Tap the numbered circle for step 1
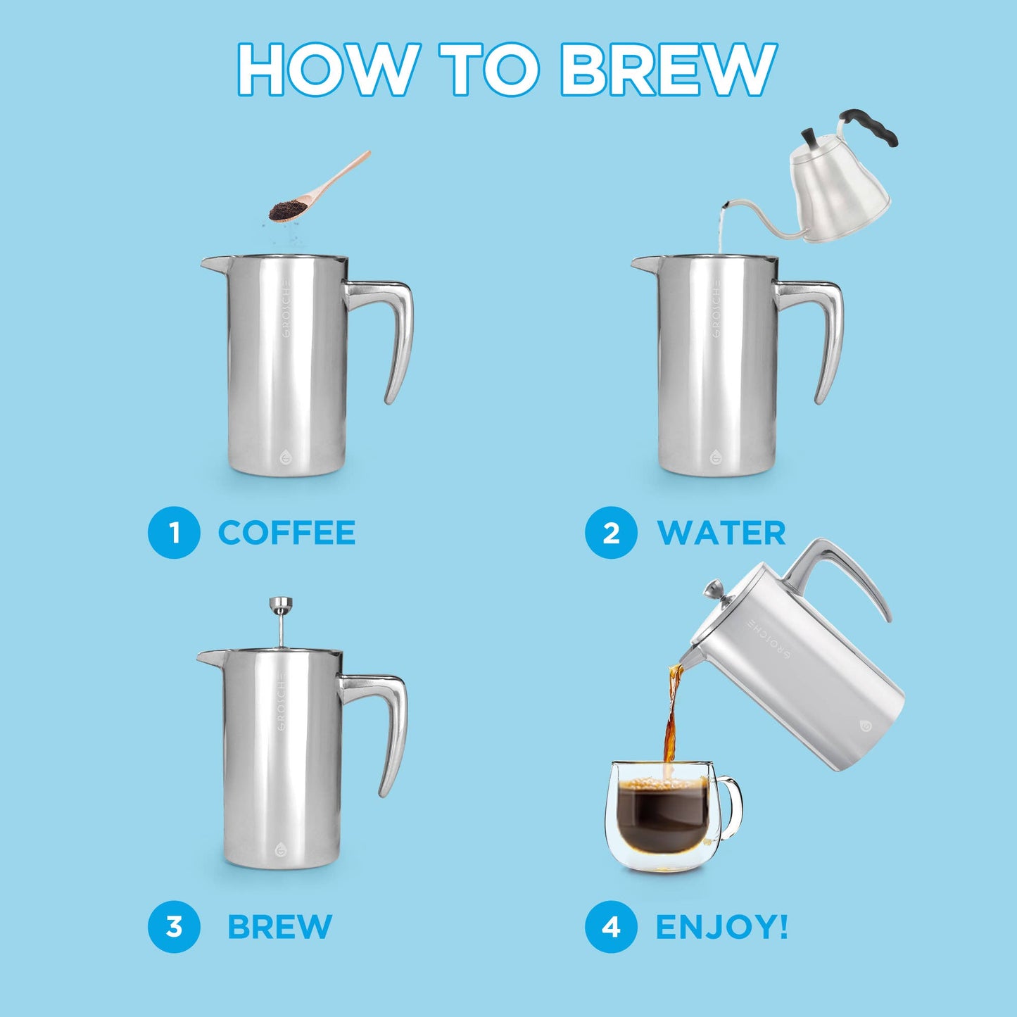point(174,533)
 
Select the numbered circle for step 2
point(611,533)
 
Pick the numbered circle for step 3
point(174,927)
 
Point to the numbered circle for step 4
point(611,927)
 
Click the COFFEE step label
point(286,533)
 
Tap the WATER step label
point(721,533)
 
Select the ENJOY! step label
point(721,927)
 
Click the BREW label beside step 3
point(279,927)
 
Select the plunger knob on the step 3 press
point(281,604)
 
